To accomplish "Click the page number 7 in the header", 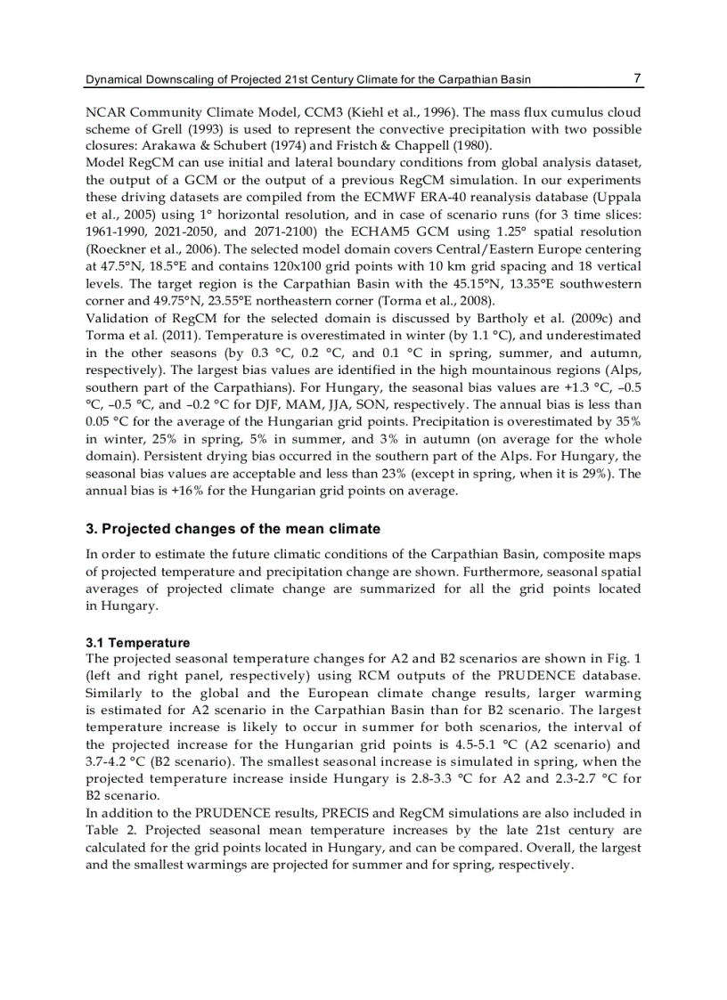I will [637, 78].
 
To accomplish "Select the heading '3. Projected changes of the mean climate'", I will [233, 529].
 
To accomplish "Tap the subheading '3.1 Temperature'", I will [137, 642].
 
